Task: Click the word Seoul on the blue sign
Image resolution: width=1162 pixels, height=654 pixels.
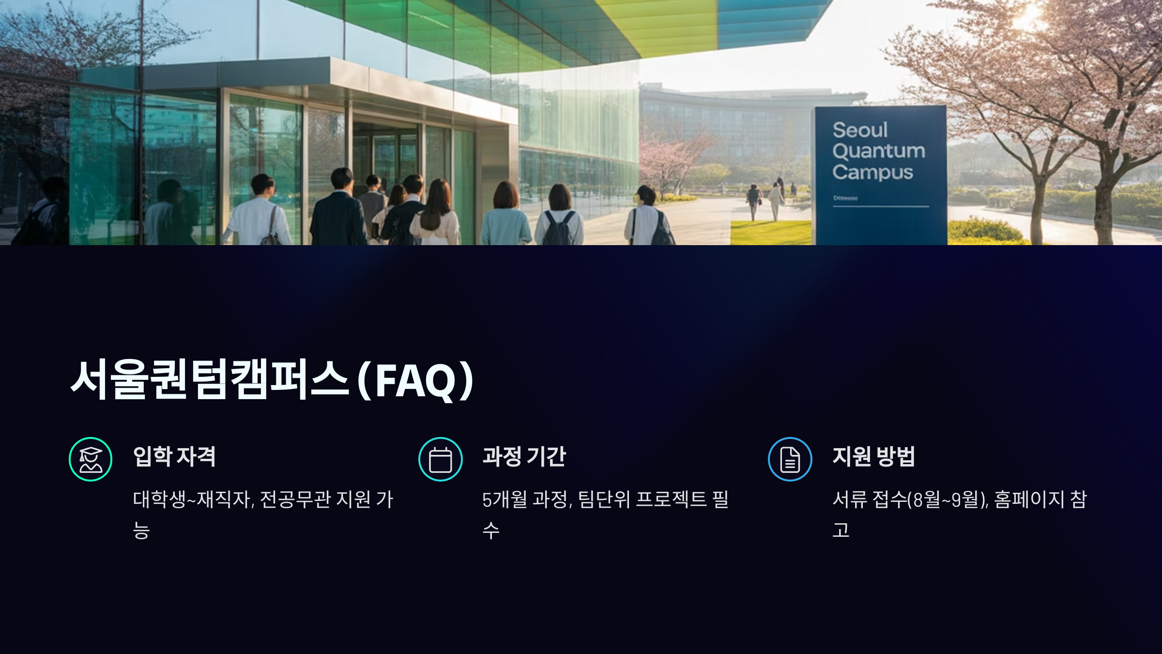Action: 860,130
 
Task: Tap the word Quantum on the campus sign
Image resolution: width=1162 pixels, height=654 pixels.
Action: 879,151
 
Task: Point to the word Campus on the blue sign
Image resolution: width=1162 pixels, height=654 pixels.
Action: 872,172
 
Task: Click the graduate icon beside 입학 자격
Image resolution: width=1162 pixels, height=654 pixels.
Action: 91,459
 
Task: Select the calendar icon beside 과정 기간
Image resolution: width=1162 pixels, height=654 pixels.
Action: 440,459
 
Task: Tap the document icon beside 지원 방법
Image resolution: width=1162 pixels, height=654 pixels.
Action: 790,459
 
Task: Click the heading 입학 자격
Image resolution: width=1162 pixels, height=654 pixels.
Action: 174,456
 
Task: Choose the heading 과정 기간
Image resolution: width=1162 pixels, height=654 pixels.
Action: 524,456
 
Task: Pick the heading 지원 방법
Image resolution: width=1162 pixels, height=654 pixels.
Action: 873,456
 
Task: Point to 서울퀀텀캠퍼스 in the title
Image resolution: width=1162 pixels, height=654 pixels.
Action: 209,380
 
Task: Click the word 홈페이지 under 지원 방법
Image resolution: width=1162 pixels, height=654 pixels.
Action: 1029,499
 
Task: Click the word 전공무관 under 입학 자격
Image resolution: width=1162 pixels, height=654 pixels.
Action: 295,499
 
